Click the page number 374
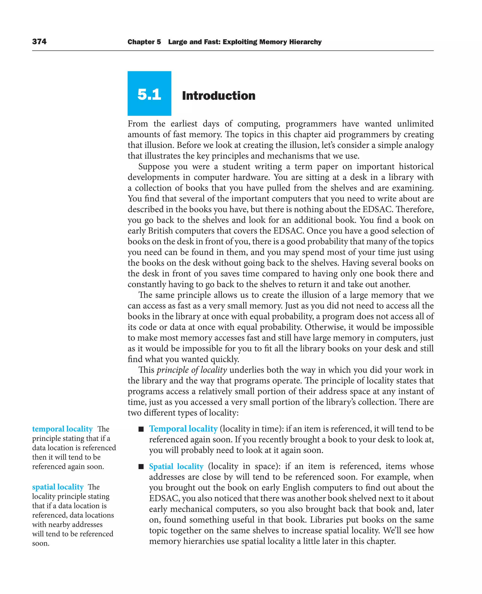point(39,42)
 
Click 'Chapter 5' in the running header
point(144,42)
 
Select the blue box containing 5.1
point(149,94)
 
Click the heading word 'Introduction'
point(218,96)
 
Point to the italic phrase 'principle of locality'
point(192,370)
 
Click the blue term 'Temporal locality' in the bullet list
point(183,429)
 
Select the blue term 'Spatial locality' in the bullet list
point(176,466)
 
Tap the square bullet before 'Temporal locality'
point(141,429)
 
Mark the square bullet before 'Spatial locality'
point(141,467)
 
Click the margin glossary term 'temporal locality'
point(62,429)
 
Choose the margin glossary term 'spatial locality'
point(58,487)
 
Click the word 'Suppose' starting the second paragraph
point(154,167)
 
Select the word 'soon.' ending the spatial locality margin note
point(40,543)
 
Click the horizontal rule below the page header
point(233,51)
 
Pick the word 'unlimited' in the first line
point(415,124)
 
